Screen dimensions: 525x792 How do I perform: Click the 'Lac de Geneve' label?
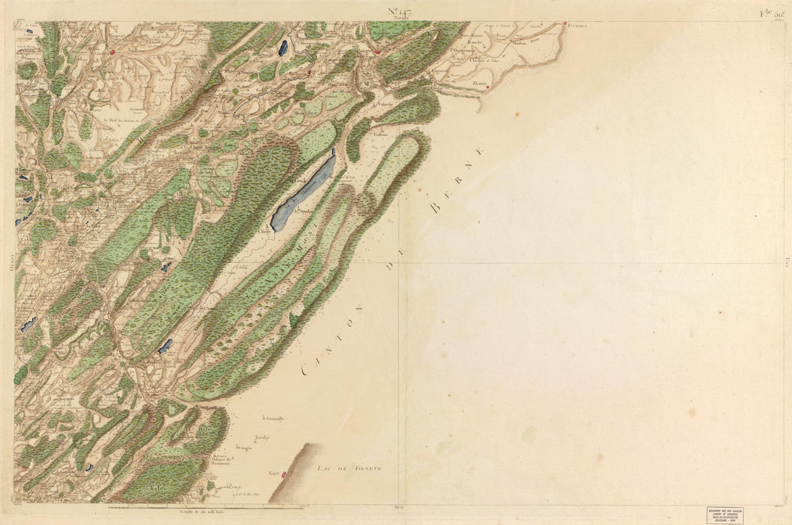click(348, 468)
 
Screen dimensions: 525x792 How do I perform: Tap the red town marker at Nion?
click(284, 475)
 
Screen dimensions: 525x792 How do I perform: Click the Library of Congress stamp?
click(724, 514)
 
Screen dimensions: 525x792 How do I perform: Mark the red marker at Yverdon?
click(566, 24)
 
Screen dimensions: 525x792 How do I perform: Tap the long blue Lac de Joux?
click(302, 191)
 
